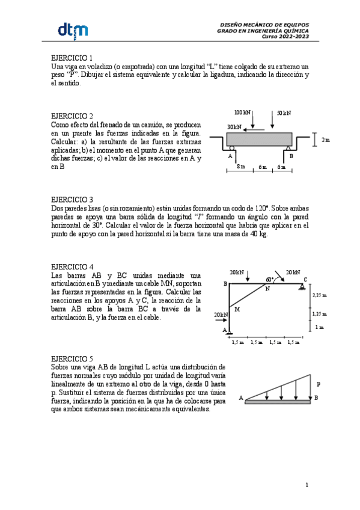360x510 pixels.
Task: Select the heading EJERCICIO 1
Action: click(x=72, y=58)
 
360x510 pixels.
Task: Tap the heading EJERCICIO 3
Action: click(x=72, y=200)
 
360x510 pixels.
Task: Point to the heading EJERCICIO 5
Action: click(x=72, y=357)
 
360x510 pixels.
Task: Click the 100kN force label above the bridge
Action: click(x=242, y=112)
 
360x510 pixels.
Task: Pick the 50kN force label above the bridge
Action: click(x=284, y=112)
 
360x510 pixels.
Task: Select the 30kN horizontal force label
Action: click(x=234, y=127)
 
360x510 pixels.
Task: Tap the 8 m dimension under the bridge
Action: click(x=240, y=167)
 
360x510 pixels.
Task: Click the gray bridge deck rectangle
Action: click(x=258, y=139)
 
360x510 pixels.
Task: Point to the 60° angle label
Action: click(x=269, y=280)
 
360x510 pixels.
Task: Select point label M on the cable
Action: click(x=237, y=309)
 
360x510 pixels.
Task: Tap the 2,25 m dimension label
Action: click(x=320, y=295)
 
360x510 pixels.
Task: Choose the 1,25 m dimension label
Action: click(x=320, y=313)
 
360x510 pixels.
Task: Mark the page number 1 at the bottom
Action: click(x=307, y=484)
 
